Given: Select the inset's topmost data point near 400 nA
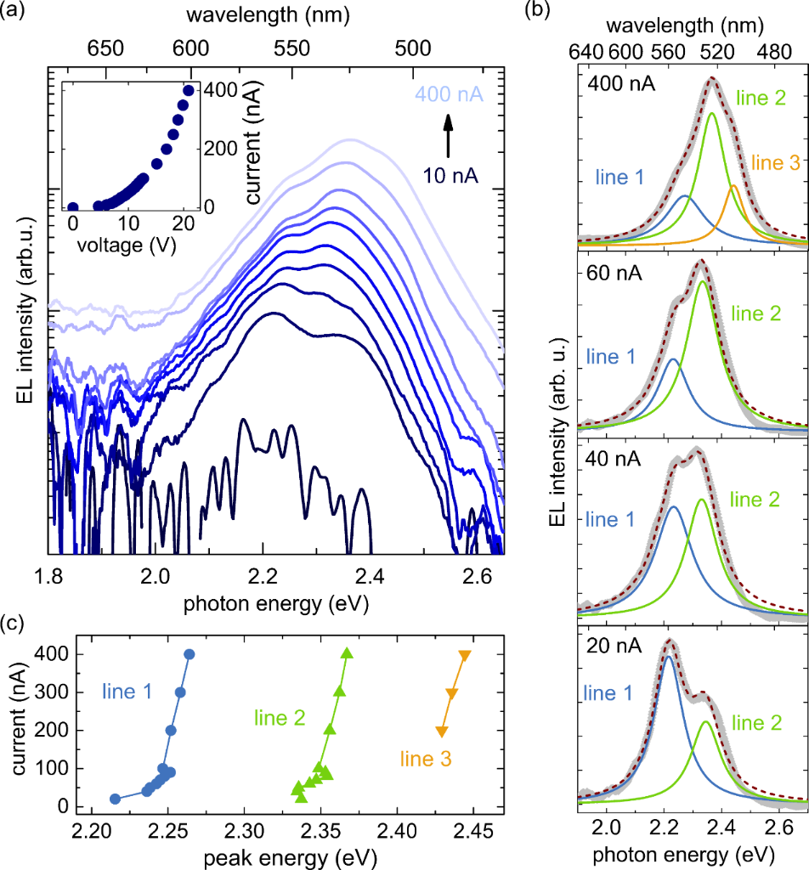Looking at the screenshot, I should click(188, 90).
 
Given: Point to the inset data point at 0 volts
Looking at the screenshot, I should click(73, 206).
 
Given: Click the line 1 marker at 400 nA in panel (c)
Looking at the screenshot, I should click(190, 654).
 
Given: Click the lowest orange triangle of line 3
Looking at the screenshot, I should click(441, 732).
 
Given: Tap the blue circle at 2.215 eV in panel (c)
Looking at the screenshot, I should click(116, 799).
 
